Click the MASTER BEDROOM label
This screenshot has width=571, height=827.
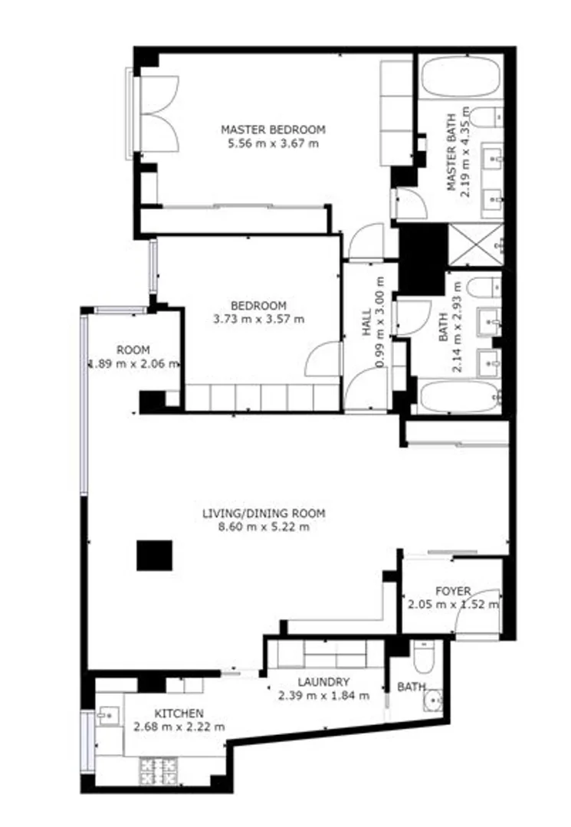[x=273, y=130]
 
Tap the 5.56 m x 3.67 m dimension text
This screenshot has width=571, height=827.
[x=273, y=143]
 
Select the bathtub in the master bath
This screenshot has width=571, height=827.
[x=461, y=77]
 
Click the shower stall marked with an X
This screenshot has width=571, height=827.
[x=475, y=245]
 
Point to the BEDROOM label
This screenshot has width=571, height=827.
[x=258, y=306]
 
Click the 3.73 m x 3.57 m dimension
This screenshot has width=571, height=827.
[x=258, y=319]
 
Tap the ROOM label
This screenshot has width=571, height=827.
[x=133, y=350]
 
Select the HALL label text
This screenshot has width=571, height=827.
[x=367, y=323]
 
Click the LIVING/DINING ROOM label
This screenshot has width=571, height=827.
[x=264, y=514]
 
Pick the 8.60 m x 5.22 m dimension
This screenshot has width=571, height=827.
[x=264, y=527]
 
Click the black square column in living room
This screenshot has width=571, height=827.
[x=155, y=556]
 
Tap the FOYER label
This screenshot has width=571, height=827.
[x=453, y=591]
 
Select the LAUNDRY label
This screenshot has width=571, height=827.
[x=323, y=682]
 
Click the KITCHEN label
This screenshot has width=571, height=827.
[x=179, y=714]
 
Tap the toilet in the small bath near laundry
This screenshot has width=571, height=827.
[x=424, y=657]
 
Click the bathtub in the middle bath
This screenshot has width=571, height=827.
[x=459, y=396]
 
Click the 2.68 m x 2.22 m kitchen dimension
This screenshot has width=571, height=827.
[x=179, y=727]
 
